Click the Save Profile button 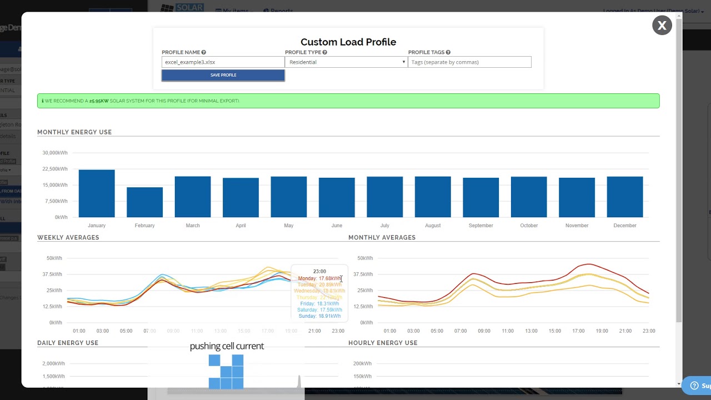(x=223, y=75)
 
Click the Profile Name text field (x=223, y=62)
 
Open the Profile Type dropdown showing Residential (x=346, y=62)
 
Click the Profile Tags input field (x=469, y=62)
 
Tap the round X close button (x=662, y=26)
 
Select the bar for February (x=144, y=202)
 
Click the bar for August (x=433, y=197)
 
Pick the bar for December (x=625, y=197)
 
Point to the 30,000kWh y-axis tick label (x=55, y=153)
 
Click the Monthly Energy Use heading (x=74, y=132)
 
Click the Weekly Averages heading (x=68, y=237)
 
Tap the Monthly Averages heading (x=382, y=237)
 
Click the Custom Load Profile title (x=348, y=42)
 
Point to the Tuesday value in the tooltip (x=319, y=284)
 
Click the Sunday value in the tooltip (x=319, y=316)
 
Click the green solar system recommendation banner (x=348, y=101)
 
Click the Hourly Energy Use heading (x=383, y=343)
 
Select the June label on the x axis (x=337, y=226)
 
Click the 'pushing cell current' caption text (x=227, y=346)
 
